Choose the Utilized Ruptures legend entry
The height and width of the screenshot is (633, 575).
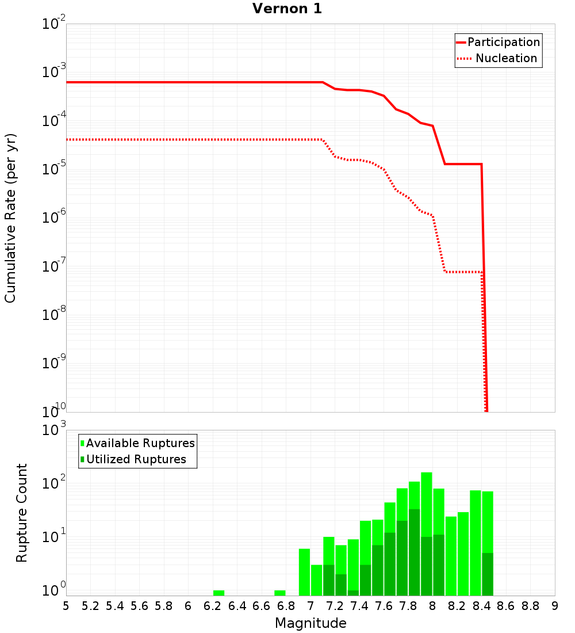pos(136,459)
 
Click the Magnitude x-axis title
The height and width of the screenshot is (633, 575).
pos(310,623)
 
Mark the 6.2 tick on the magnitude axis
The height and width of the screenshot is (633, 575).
pos(212,606)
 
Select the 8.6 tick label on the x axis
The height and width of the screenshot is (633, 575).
pos(506,606)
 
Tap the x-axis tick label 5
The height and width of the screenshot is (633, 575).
pos(66,606)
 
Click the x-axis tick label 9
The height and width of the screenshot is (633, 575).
pos(555,606)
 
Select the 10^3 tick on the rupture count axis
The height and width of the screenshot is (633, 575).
pos(55,430)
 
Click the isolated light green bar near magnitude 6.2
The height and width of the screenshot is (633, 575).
pos(218,593)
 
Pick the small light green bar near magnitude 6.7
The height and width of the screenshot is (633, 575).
pos(279,593)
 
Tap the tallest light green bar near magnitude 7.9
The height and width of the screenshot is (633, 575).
pos(426,501)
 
